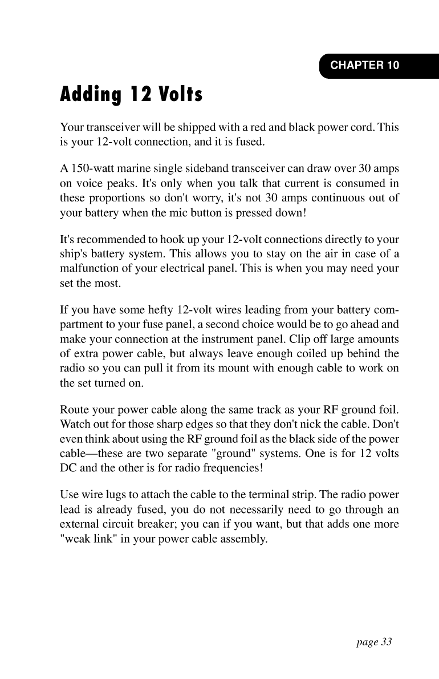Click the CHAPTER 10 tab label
[x=365, y=65]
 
